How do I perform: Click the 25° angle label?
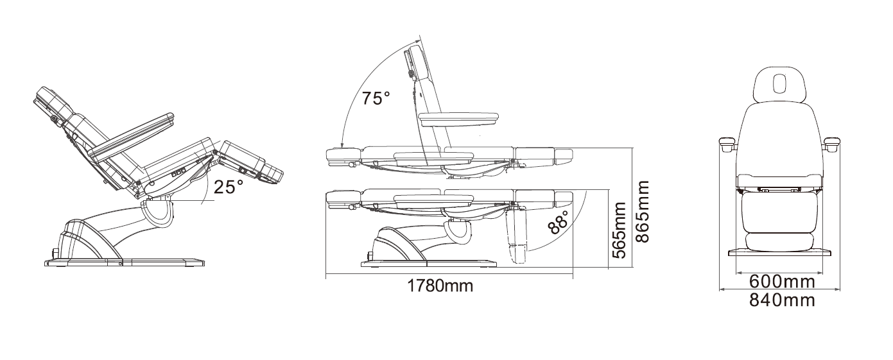(x=229, y=186)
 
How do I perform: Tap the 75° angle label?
(x=376, y=98)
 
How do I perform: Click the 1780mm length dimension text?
(x=440, y=286)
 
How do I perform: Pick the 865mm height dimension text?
(x=642, y=211)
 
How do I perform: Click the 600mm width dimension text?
(x=782, y=282)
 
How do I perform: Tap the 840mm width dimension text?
(x=782, y=300)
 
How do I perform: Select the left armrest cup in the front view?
(x=727, y=144)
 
